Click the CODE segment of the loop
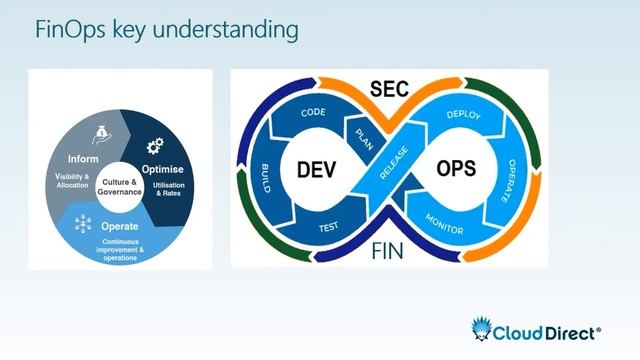pos(314,113)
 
